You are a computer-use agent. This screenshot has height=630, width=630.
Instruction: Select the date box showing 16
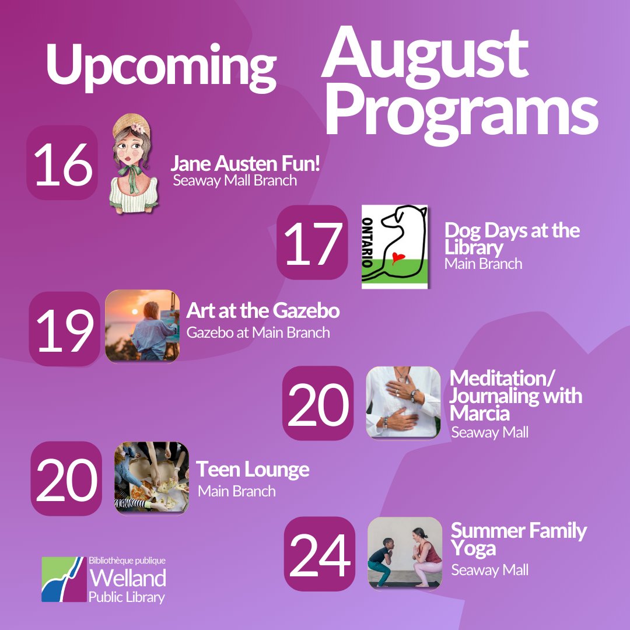[x=62, y=163]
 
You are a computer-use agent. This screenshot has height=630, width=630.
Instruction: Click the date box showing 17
[x=312, y=243]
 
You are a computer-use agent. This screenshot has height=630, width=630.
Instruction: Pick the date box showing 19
[x=65, y=329]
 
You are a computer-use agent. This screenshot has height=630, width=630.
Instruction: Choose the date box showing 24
[x=319, y=554]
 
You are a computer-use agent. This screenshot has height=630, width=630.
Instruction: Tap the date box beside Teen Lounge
[x=66, y=478]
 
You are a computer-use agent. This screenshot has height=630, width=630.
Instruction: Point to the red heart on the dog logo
[x=398, y=257]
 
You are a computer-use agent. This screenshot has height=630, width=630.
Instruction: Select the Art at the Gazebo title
[x=262, y=311]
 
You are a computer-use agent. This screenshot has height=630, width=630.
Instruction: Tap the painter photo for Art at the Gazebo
[x=142, y=327]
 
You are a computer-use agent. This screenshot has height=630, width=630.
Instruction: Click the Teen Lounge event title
[x=253, y=469]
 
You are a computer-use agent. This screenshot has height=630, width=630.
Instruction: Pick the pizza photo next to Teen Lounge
[x=152, y=477]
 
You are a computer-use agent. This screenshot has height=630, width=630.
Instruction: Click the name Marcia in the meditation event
[x=480, y=413]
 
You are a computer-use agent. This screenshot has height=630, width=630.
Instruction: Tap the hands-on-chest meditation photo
[x=403, y=402]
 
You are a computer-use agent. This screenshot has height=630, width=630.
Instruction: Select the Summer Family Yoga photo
[x=405, y=552]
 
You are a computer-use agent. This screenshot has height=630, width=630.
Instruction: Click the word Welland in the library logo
[x=127, y=578]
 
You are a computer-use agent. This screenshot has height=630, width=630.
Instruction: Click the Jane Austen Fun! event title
[x=245, y=163]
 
